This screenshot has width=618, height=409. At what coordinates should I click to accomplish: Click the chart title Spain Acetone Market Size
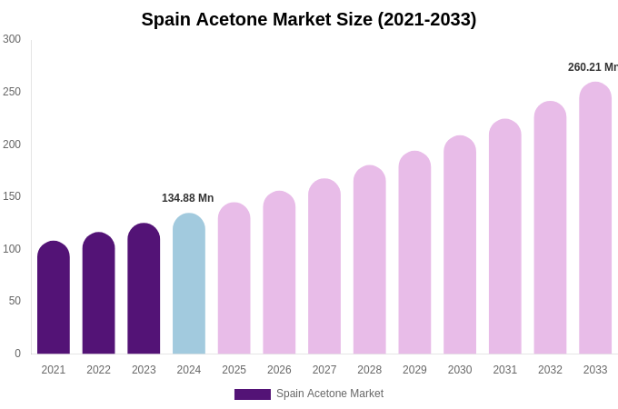[308, 19]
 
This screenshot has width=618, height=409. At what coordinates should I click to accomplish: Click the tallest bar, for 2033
[595, 218]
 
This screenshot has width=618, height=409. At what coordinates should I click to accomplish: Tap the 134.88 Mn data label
[187, 198]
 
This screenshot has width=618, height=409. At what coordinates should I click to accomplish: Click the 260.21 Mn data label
[593, 67]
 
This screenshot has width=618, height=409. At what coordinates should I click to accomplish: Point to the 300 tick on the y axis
[12, 39]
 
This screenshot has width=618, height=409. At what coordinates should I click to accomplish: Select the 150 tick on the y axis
[12, 196]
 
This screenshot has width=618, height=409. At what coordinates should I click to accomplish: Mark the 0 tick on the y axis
[16, 354]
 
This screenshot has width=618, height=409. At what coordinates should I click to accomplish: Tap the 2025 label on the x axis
[234, 370]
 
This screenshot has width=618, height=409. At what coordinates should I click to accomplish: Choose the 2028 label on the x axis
[370, 370]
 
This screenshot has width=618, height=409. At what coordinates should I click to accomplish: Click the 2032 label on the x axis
[550, 370]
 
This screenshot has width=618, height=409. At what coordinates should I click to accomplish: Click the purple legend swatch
[253, 394]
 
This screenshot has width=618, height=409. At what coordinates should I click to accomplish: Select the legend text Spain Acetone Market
[330, 394]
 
